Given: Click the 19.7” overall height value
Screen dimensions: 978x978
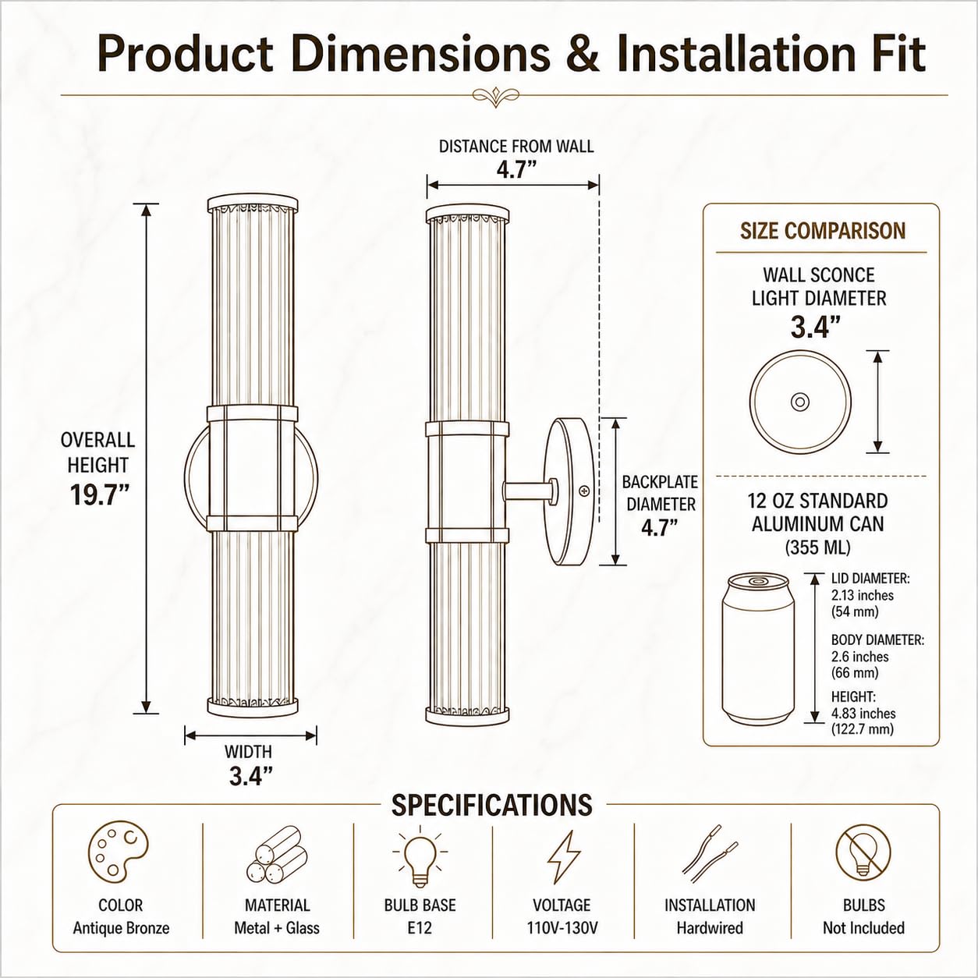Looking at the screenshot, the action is [x=99, y=495].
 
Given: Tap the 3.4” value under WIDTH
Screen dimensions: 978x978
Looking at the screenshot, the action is [x=250, y=775].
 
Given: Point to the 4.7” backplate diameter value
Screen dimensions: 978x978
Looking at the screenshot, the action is [x=660, y=529].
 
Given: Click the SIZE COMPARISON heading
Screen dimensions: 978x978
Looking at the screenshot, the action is [x=823, y=231].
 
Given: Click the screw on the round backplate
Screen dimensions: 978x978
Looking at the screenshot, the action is [x=585, y=491].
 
